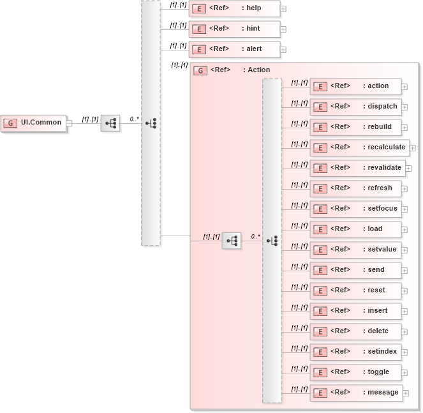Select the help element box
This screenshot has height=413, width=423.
[234, 9]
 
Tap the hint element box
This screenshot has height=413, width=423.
[234, 29]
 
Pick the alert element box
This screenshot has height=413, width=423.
[234, 49]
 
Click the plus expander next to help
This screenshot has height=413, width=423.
[283, 9]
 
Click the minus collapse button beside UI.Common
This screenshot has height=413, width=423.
[69, 123]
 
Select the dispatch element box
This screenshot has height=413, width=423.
[355, 107]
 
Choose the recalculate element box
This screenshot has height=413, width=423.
[359, 147]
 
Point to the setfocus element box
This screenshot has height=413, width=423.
[355, 209]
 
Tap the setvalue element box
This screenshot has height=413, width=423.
[355, 250]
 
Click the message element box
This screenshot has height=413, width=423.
[355, 393]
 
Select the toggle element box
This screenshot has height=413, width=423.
[355, 372]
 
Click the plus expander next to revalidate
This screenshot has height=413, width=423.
[408, 169]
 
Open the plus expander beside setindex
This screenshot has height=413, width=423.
[404, 352]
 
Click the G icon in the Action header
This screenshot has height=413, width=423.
[200, 70]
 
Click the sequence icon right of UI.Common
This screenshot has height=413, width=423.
[110, 123]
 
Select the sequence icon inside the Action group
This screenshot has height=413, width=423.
[232, 241]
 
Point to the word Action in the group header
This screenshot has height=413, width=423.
[258, 70]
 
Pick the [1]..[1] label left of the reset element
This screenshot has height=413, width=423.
[299, 287]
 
